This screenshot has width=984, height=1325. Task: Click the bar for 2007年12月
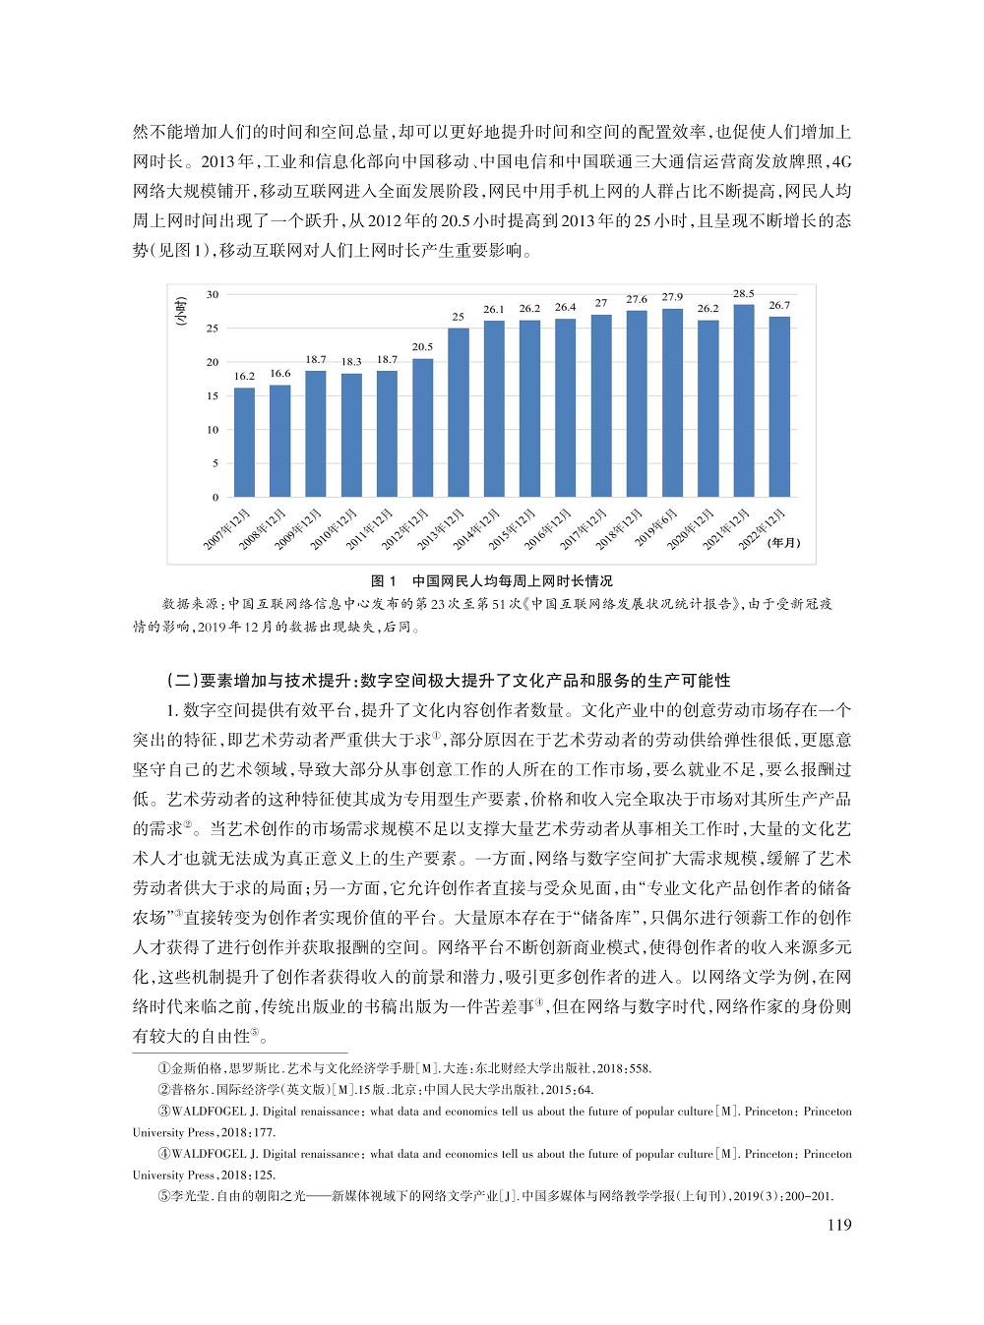click(x=244, y=443)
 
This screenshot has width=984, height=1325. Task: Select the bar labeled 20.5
click(x=422, y=428)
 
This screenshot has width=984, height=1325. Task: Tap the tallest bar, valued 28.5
click(x=743, y=400)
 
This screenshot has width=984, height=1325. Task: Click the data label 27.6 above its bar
click(x=637, y=299)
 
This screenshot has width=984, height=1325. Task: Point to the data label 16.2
click(x=244, y=377)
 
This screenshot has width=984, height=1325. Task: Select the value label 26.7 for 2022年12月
click(x=779, y=305)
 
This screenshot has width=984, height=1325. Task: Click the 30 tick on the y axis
click(x=213, y=294)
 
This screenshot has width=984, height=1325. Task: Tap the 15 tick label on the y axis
click(x=213, y=396)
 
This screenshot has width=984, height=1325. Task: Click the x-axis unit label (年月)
click(x=784, y=543)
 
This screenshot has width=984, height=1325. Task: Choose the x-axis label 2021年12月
click(x=726, y=531)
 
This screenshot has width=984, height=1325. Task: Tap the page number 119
click(x=838, y=1225)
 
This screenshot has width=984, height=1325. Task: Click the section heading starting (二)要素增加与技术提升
click(x=450, y=680)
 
